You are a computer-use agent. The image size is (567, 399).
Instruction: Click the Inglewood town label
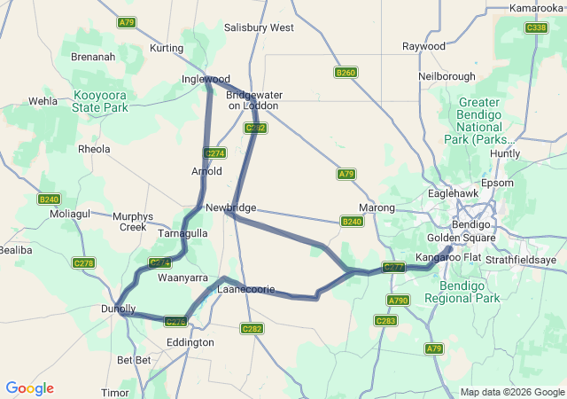click(x=206, y=79)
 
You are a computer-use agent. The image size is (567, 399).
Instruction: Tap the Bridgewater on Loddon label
click(x=252, y=100)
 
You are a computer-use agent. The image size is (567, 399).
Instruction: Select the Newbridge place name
click(x=230, y=207)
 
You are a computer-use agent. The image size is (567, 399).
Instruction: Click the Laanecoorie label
click(x=246, y=289)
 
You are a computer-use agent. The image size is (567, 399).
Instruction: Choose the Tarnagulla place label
click(x=182, y=233)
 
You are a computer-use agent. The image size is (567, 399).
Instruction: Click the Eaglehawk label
click(x=453, y=192)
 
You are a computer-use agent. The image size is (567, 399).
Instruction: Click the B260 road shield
click(x=346, y=72)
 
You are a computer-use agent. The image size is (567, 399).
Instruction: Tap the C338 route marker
click(x=536, y=27)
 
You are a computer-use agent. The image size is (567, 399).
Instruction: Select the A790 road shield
click(x=399, y=301)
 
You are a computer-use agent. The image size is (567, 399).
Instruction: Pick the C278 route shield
click(x=84, y=263)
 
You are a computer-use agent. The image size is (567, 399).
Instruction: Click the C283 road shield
click(x=385, y=321)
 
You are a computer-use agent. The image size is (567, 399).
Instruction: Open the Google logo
click(x=29, y=388)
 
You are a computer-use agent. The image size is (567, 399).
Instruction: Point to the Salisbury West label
click(x=259, y=27)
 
